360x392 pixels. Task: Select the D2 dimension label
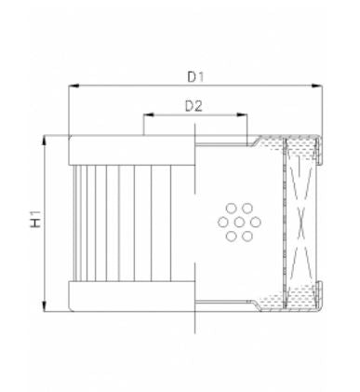(193, 105)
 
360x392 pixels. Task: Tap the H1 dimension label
(36, 223)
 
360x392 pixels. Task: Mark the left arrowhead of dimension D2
(146, 117)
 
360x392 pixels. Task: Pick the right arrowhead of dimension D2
(245, 117)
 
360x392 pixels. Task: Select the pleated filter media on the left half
(130, 223)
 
